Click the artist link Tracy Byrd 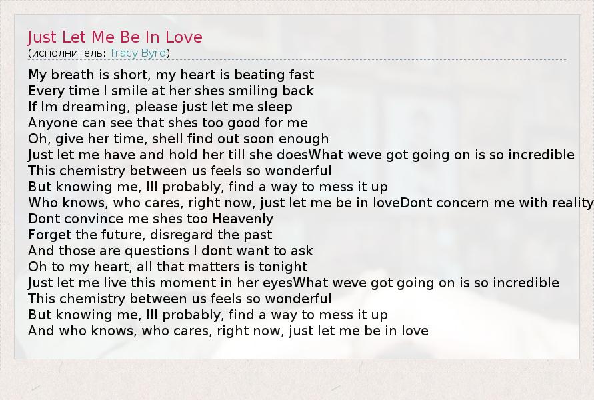(x=138, y=53)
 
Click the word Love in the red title (x=184, y=37)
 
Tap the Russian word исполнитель (x=67, y=53)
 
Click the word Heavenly (x=243, y=219)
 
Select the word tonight (x=283, y=267)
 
